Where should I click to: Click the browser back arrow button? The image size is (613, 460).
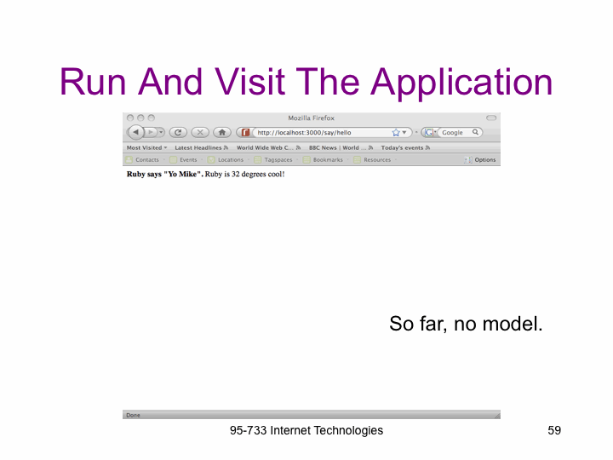(x=135, y=132)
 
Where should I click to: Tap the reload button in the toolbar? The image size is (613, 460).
(x=178, y=132)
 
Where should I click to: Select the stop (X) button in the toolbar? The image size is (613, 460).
(x=200, y=132)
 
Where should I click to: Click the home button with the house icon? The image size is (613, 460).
(x=222, y=132)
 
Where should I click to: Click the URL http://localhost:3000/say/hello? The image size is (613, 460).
(x=304, y=133)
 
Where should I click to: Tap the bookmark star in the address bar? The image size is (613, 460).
(x=396, y=132)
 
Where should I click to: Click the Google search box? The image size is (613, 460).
(x=456, y=133)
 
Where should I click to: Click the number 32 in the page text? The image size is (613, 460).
(x=235, y=174)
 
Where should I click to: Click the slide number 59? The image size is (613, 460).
(x=554, y=430)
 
